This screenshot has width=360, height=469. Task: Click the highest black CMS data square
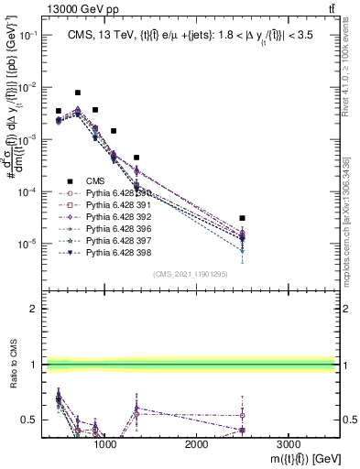(78, 93)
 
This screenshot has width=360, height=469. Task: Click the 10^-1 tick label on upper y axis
(27, 34)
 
